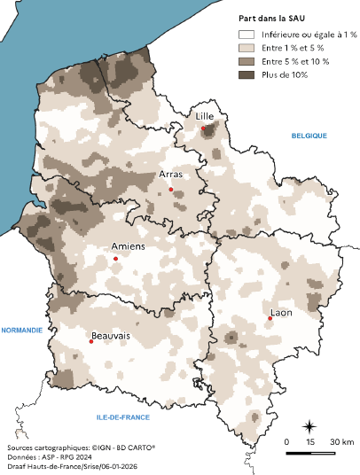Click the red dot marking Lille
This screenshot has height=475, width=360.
[x=203, y=129]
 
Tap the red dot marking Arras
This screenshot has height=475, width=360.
[x=170, y=189]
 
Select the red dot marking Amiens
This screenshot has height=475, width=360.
[x=115, y=259]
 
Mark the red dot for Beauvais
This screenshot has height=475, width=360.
[x=90, y=341]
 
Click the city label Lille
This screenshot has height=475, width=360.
[x=205, y=116]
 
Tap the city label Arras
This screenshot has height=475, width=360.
[x=171, y=175]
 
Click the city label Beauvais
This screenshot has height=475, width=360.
[x=111, y=336]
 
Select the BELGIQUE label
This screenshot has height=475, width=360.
[x=309, y=135]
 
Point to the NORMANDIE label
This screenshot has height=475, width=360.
[x=22, y=330]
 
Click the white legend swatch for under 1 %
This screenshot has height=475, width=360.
[x=246, y=34]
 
